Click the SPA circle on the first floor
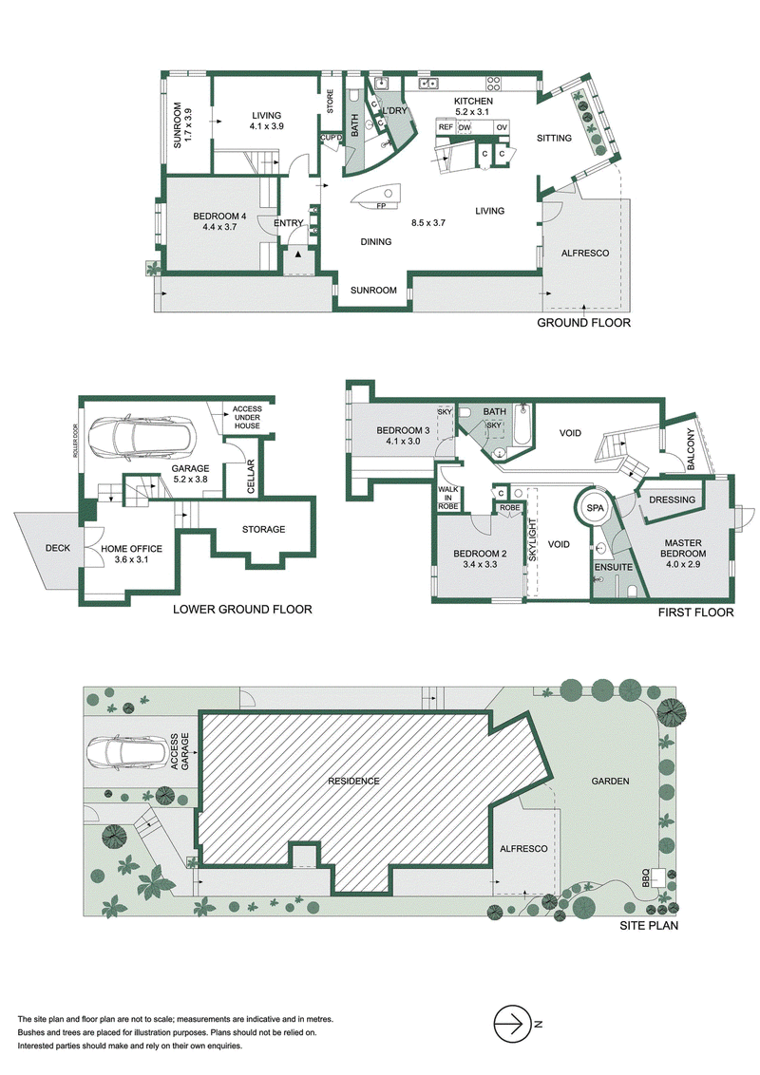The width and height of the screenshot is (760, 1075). click(x=595, y=508)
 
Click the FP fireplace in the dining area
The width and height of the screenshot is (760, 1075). click(x=377, y=198)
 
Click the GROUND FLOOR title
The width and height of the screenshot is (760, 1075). click(x=583, y=323)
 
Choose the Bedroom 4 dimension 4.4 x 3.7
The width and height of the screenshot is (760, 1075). click(x=219, y=227)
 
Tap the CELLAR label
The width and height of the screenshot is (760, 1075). click(x=251, y=478)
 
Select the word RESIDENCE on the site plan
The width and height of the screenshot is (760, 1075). click(x=353, y=781)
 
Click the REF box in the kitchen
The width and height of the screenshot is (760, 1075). click(x=446, y=127)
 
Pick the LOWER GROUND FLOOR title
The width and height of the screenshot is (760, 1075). click(x=242, y=609)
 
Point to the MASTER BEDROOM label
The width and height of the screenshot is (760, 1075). click(x=683, y=548)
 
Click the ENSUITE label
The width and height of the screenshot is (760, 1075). click(x=613, y=567)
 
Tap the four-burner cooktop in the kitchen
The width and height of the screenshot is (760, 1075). click(x=494, y=83)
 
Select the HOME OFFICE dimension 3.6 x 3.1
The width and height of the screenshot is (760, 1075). click(x=132, y=559)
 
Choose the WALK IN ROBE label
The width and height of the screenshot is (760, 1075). click(x=447, y=498)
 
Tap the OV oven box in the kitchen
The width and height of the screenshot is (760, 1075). click(x=502, y=127)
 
